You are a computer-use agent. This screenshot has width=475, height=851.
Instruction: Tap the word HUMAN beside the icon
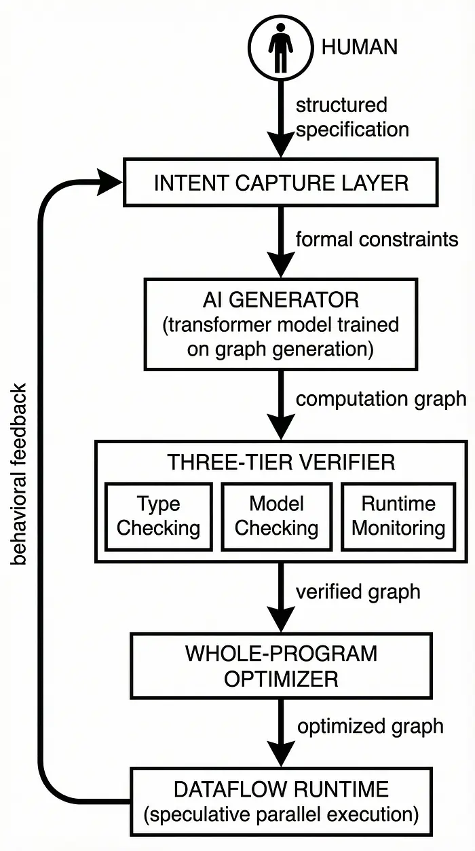(x=359, y=47)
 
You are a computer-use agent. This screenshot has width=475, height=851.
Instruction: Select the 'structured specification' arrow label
(x=352, y=117)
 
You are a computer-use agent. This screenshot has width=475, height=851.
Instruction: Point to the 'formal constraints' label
(x=377, y=239)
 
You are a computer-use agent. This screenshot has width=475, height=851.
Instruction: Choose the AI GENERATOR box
(x=280, y=324)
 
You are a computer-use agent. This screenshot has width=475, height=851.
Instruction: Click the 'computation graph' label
(x=381, y=398)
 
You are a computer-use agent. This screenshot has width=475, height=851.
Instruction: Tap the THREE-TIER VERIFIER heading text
(x=280, y=462)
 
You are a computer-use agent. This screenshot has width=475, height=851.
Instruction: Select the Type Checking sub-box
(x=158, y=516)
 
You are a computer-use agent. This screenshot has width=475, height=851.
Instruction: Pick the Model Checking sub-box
(x=276, y=516)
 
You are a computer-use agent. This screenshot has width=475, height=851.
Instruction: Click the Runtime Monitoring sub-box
(x=398, y=516)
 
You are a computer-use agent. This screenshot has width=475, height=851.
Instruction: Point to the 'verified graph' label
(x=358, y=591)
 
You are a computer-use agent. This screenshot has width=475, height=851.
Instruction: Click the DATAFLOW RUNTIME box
(x=280, y=800)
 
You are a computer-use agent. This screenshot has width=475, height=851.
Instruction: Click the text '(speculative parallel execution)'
(x=280, y=813)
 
